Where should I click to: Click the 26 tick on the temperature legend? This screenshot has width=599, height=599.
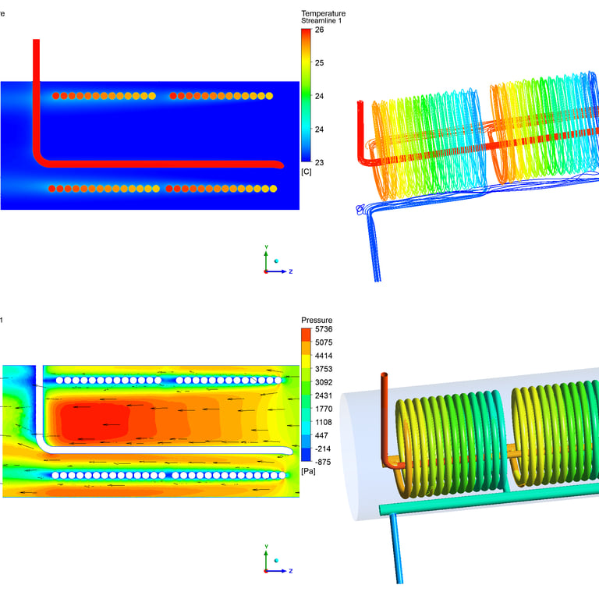pos(319,30)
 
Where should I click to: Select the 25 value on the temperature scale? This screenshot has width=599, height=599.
pos(319,62)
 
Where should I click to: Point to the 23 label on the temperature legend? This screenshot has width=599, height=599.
pos(319,162)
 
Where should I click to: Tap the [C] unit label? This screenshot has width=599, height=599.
pos(307,172)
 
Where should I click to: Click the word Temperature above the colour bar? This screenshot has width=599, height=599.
pos(323,13)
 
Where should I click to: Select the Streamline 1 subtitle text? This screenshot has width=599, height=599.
pos(321,20)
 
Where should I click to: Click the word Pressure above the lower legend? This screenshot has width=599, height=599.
pos(317,320)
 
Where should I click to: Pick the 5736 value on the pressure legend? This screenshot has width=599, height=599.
pos(324,329)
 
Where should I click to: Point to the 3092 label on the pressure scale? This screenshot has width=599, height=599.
pos(324,382)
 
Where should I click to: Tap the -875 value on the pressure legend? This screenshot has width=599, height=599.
pos(323,462)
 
